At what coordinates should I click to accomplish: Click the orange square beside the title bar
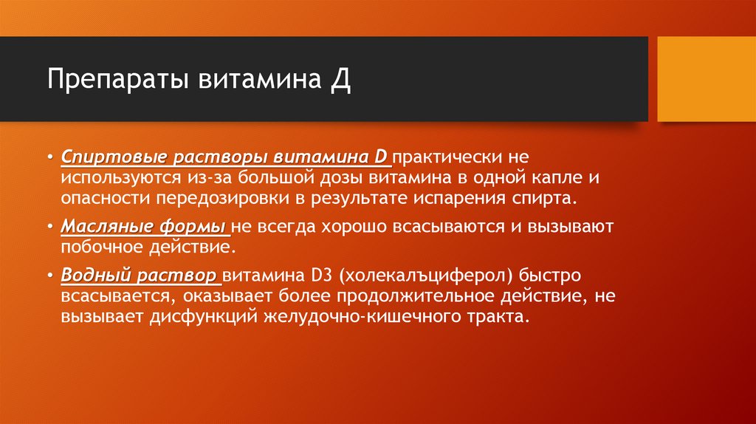706,79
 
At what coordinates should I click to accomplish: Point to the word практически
450,158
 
